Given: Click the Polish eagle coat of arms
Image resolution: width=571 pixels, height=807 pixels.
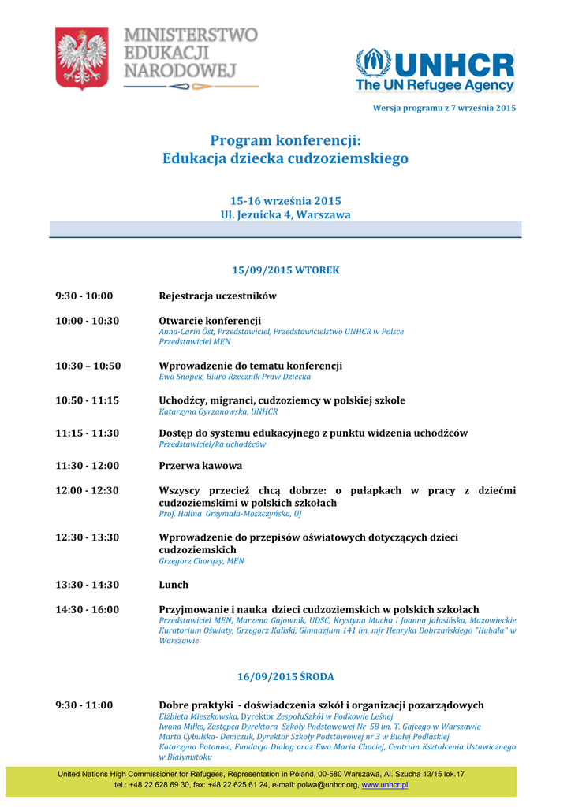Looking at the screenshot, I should pyautogui.click(x=81, y=58).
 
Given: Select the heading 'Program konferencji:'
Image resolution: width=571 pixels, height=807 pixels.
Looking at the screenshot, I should pyautogui.click(x=285, y=140).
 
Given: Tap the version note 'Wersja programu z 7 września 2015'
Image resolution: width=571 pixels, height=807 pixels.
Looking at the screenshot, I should pyautogui.click(x=444, y=107).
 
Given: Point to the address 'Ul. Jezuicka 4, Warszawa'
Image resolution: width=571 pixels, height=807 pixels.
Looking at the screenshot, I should pyautogui.click(x=285, y=214).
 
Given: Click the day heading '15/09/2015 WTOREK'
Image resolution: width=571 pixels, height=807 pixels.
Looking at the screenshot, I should pyautogui.click(x=285, y=270).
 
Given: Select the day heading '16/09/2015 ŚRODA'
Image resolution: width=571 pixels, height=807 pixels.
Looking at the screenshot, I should pyautogui.click(x=285, y=676).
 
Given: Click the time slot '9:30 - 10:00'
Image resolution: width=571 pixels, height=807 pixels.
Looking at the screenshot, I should pyautogui.click(x=84, y=296).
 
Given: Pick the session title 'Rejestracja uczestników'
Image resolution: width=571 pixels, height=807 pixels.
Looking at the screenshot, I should pyautogui.click(x=218, y=296).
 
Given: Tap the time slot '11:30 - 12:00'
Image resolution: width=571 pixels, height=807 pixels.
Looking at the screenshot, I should pyautogui.click(x=87, y=466).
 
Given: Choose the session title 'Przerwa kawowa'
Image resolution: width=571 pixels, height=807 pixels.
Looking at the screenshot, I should pyautogui.click(x=200, y=466).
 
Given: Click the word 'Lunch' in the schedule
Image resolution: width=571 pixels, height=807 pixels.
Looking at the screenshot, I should pyautogui.click(x=174, y=585).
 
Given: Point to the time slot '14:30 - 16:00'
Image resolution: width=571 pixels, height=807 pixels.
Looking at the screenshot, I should pyautogui.click(x=87, y=609).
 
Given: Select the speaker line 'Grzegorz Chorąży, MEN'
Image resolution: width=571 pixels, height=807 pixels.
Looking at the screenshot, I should pyautogui.click(x=201, y=561).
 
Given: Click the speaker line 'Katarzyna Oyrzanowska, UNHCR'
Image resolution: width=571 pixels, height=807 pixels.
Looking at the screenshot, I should pyautogui.click(x=218, y=411).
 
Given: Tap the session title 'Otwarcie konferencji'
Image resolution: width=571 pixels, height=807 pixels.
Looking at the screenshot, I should pyautogui.click(x=210, y=321).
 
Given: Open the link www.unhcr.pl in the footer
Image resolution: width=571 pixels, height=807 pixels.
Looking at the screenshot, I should pyautogui.click(x=385, y=785).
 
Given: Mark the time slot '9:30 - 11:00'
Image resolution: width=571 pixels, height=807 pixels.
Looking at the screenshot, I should pyautogui.click(x=84, y=705).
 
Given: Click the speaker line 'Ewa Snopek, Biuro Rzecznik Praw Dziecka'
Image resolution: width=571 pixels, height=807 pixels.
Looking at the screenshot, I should pyautogui.click(x=235, y=377).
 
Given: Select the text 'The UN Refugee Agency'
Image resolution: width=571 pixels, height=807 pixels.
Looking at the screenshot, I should pyautogui.click(x=435, y=84).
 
